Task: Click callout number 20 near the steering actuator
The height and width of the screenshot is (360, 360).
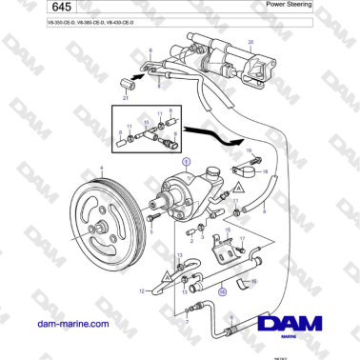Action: tap(250, 44)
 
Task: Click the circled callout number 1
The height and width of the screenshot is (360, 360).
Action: tap(187, 163)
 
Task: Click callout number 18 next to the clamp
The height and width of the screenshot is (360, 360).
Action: tap(266, 171)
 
